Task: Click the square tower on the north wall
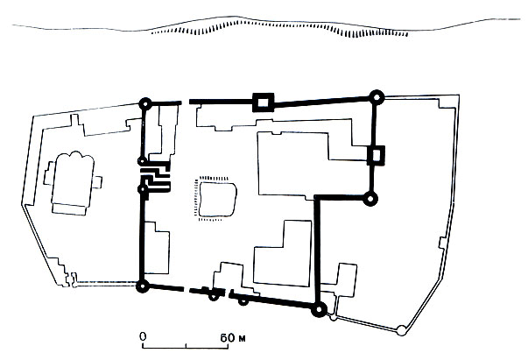264,102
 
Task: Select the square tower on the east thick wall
376,155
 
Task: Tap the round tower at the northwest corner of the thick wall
145,103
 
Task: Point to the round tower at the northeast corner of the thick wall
377,97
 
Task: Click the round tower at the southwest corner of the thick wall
143,286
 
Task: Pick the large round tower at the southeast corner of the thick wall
319,309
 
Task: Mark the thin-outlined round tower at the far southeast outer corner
401,330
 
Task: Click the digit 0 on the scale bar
143,336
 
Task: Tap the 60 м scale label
233,338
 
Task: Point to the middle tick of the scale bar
186,345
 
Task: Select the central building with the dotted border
215,199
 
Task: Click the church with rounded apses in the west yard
73,184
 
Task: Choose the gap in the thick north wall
186,102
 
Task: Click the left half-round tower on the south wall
213,296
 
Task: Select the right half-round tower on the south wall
243,301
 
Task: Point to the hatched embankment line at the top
279,28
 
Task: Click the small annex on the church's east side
97,182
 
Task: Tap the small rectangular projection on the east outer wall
442,243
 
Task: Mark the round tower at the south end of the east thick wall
370,199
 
